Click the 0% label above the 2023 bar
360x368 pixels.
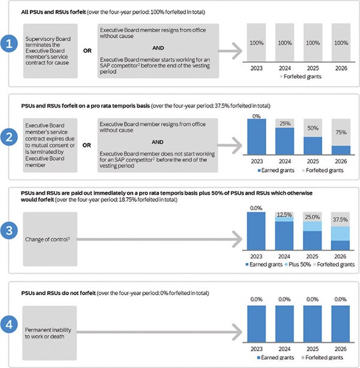tap(257, 116)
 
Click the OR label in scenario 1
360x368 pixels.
tap(87, 51)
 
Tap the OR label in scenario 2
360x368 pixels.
tap(87, 144)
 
